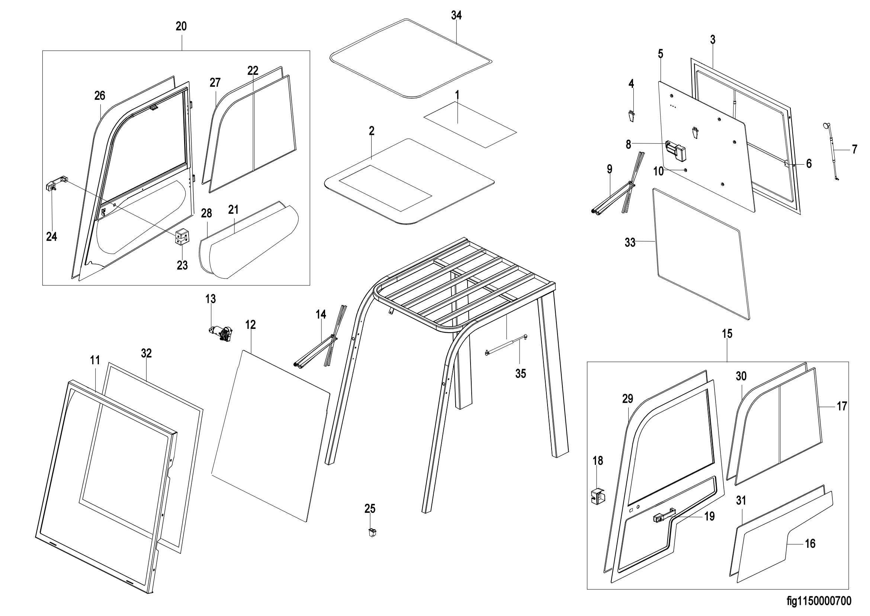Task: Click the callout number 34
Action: pos(456,16)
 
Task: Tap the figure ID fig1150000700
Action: pos(819,601)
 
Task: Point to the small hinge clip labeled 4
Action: pos(631,116)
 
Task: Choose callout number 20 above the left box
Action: pos(181,26)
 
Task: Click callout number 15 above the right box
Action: pos(727,334)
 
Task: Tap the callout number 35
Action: pos(521,374)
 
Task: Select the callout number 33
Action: pos(630,242)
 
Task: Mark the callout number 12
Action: pos(250,325)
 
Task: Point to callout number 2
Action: pos(371,131)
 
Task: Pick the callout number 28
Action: pos(206,213)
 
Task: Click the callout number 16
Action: pos(810,543)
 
